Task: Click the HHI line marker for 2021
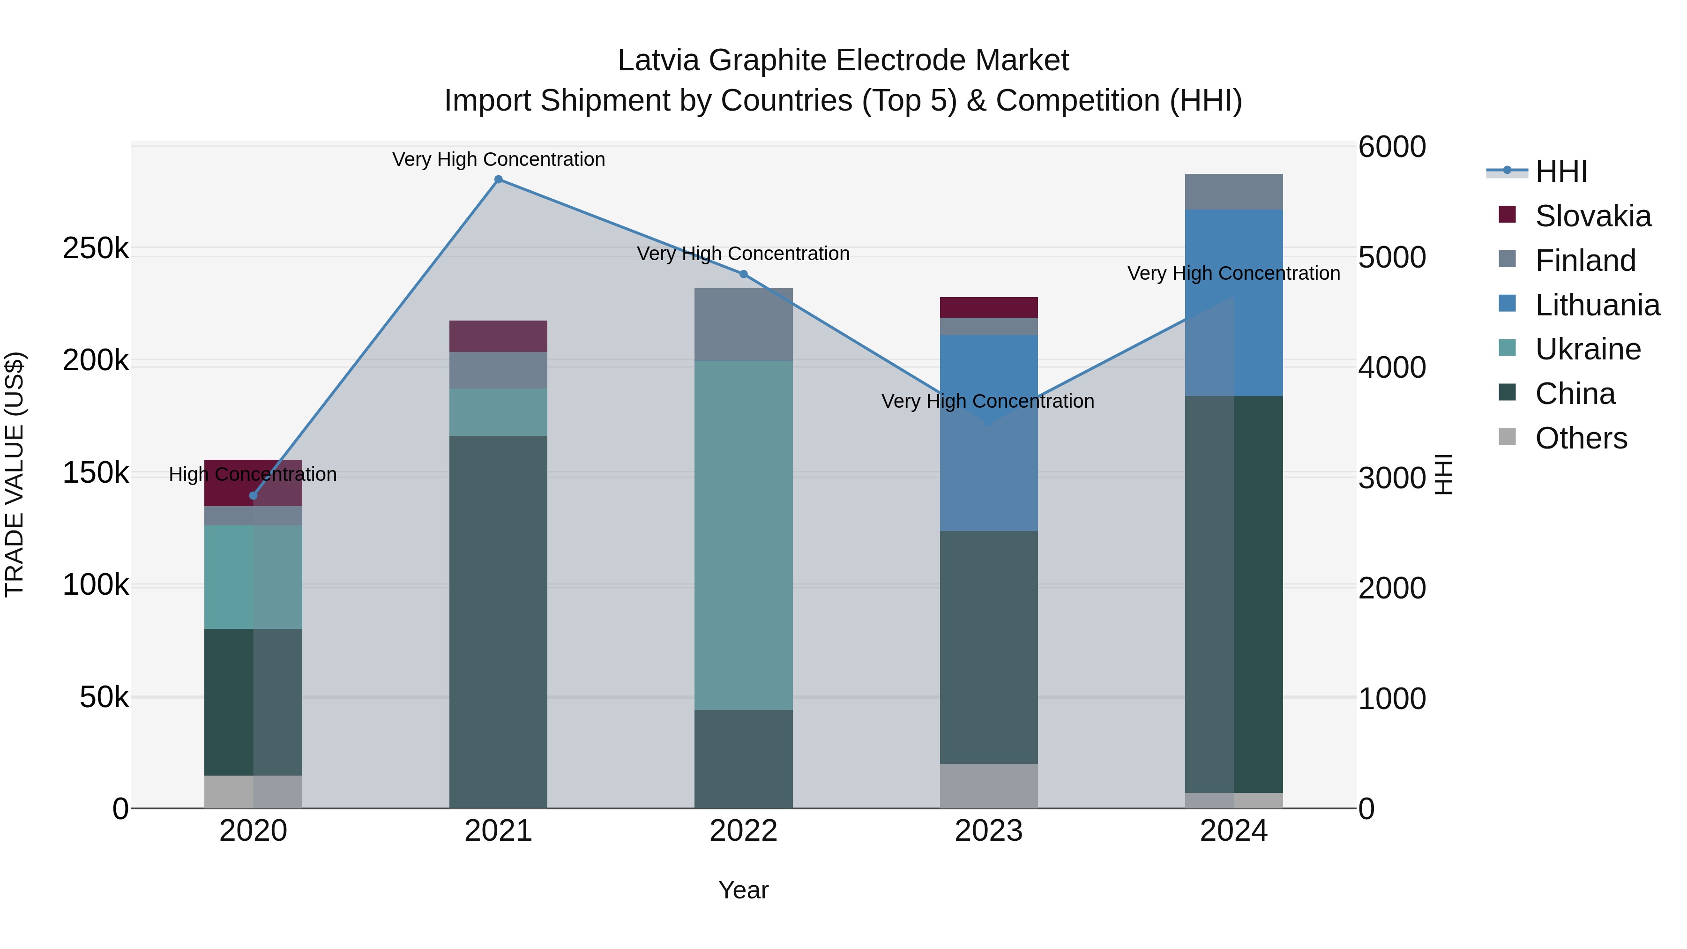click(499, 179)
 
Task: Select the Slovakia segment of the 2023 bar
click(989, 307)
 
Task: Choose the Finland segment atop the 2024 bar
click(1234, 191)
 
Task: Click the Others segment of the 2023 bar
click(989, 785)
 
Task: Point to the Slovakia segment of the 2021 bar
click(499, 336)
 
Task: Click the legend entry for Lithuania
click(1597, 305)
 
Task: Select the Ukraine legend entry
click(1588, 349)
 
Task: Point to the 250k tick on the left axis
click(96, 248)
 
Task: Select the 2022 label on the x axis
click(743, 831)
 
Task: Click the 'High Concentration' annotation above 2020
click(253, 474)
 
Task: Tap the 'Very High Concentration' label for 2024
click(1234, 273)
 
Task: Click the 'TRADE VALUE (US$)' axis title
click(15, 474)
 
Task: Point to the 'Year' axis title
click(743, 890)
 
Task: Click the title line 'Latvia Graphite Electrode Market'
click(843, 60)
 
